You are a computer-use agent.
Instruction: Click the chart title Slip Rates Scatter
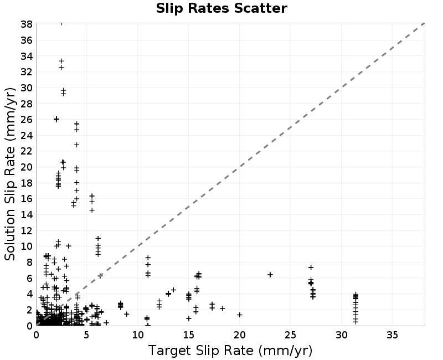pos(221,8)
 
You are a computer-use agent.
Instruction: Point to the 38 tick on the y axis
pos(26,24)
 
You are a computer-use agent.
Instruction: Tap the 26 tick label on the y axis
pos(26,120)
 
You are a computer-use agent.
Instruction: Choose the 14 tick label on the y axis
pos(26,215)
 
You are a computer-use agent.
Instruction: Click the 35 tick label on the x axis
pos(392,335)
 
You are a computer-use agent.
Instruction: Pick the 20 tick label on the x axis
pos(239,335)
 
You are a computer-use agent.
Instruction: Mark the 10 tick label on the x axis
pos(137,335)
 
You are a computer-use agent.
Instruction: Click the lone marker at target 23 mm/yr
pos(270,275)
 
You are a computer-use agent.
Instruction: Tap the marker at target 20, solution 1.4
pos(240,315)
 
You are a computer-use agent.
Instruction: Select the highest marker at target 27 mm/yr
pos(311,268)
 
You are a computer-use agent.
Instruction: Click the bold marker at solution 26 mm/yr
pos(56,119)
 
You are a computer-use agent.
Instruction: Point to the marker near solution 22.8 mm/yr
pos(76,145)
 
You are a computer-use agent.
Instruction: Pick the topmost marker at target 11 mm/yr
pos(148,258)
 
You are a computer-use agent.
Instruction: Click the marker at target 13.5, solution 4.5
pos(173,290)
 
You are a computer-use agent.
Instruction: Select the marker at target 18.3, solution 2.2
pos(223,308)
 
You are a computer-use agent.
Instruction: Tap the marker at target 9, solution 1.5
pos(127,314)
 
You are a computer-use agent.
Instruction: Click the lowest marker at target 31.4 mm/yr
pos(356,322)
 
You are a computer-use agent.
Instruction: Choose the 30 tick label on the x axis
pos(341,335)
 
